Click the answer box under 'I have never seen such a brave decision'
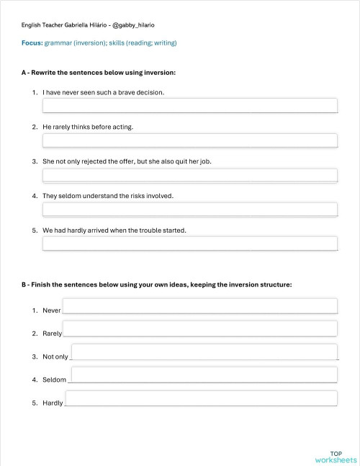(190, 106)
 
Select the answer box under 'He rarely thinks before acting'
(190, 140)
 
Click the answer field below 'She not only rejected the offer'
(190, 175)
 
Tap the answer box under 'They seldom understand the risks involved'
(190, 210)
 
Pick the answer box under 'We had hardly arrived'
(190, 243)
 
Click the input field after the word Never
(200, 306)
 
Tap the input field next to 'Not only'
(204, 351)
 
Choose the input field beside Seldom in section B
(204, 375)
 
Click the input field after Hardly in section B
(202, 398)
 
